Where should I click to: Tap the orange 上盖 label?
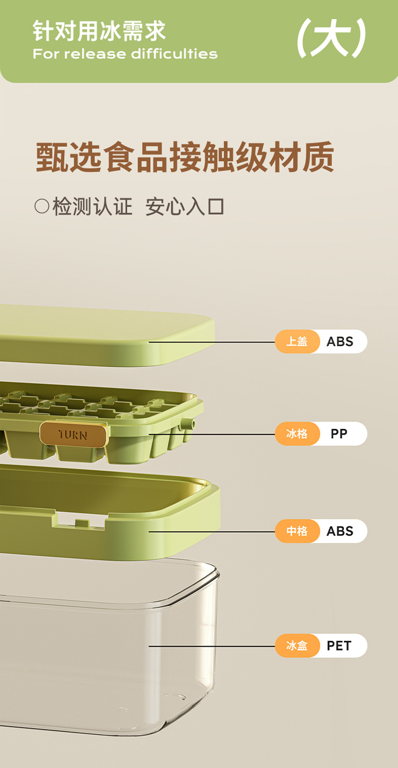(x=297, y=342)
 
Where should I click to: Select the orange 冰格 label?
(x=297, y=434)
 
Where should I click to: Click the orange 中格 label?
(x=297, y=531)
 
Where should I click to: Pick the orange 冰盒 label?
(x=297, y=646)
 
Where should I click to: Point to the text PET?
(x=339, y=646)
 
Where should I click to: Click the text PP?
(x=339, y=434)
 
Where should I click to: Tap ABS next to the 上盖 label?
(x=340, y=342)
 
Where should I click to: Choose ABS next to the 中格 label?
(x=340, y=531)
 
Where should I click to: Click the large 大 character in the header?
(x=331, y=39)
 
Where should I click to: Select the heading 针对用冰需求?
(x=99, y=31)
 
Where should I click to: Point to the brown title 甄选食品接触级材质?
(x=185, y=157)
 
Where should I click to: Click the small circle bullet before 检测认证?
(x=41, y=206)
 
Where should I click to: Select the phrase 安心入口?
(x=185, y=206)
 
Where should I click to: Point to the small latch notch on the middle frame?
(x=81, y=524)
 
